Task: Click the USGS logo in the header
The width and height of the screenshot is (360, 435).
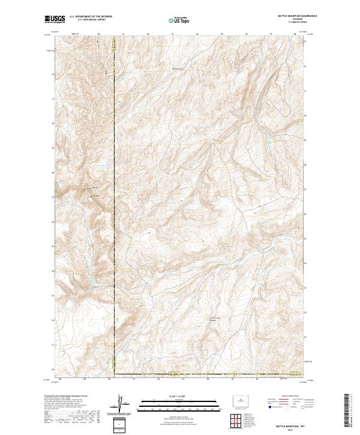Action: tap(55, 20)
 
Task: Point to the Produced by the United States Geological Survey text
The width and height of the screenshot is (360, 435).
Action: tap(66, 397)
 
